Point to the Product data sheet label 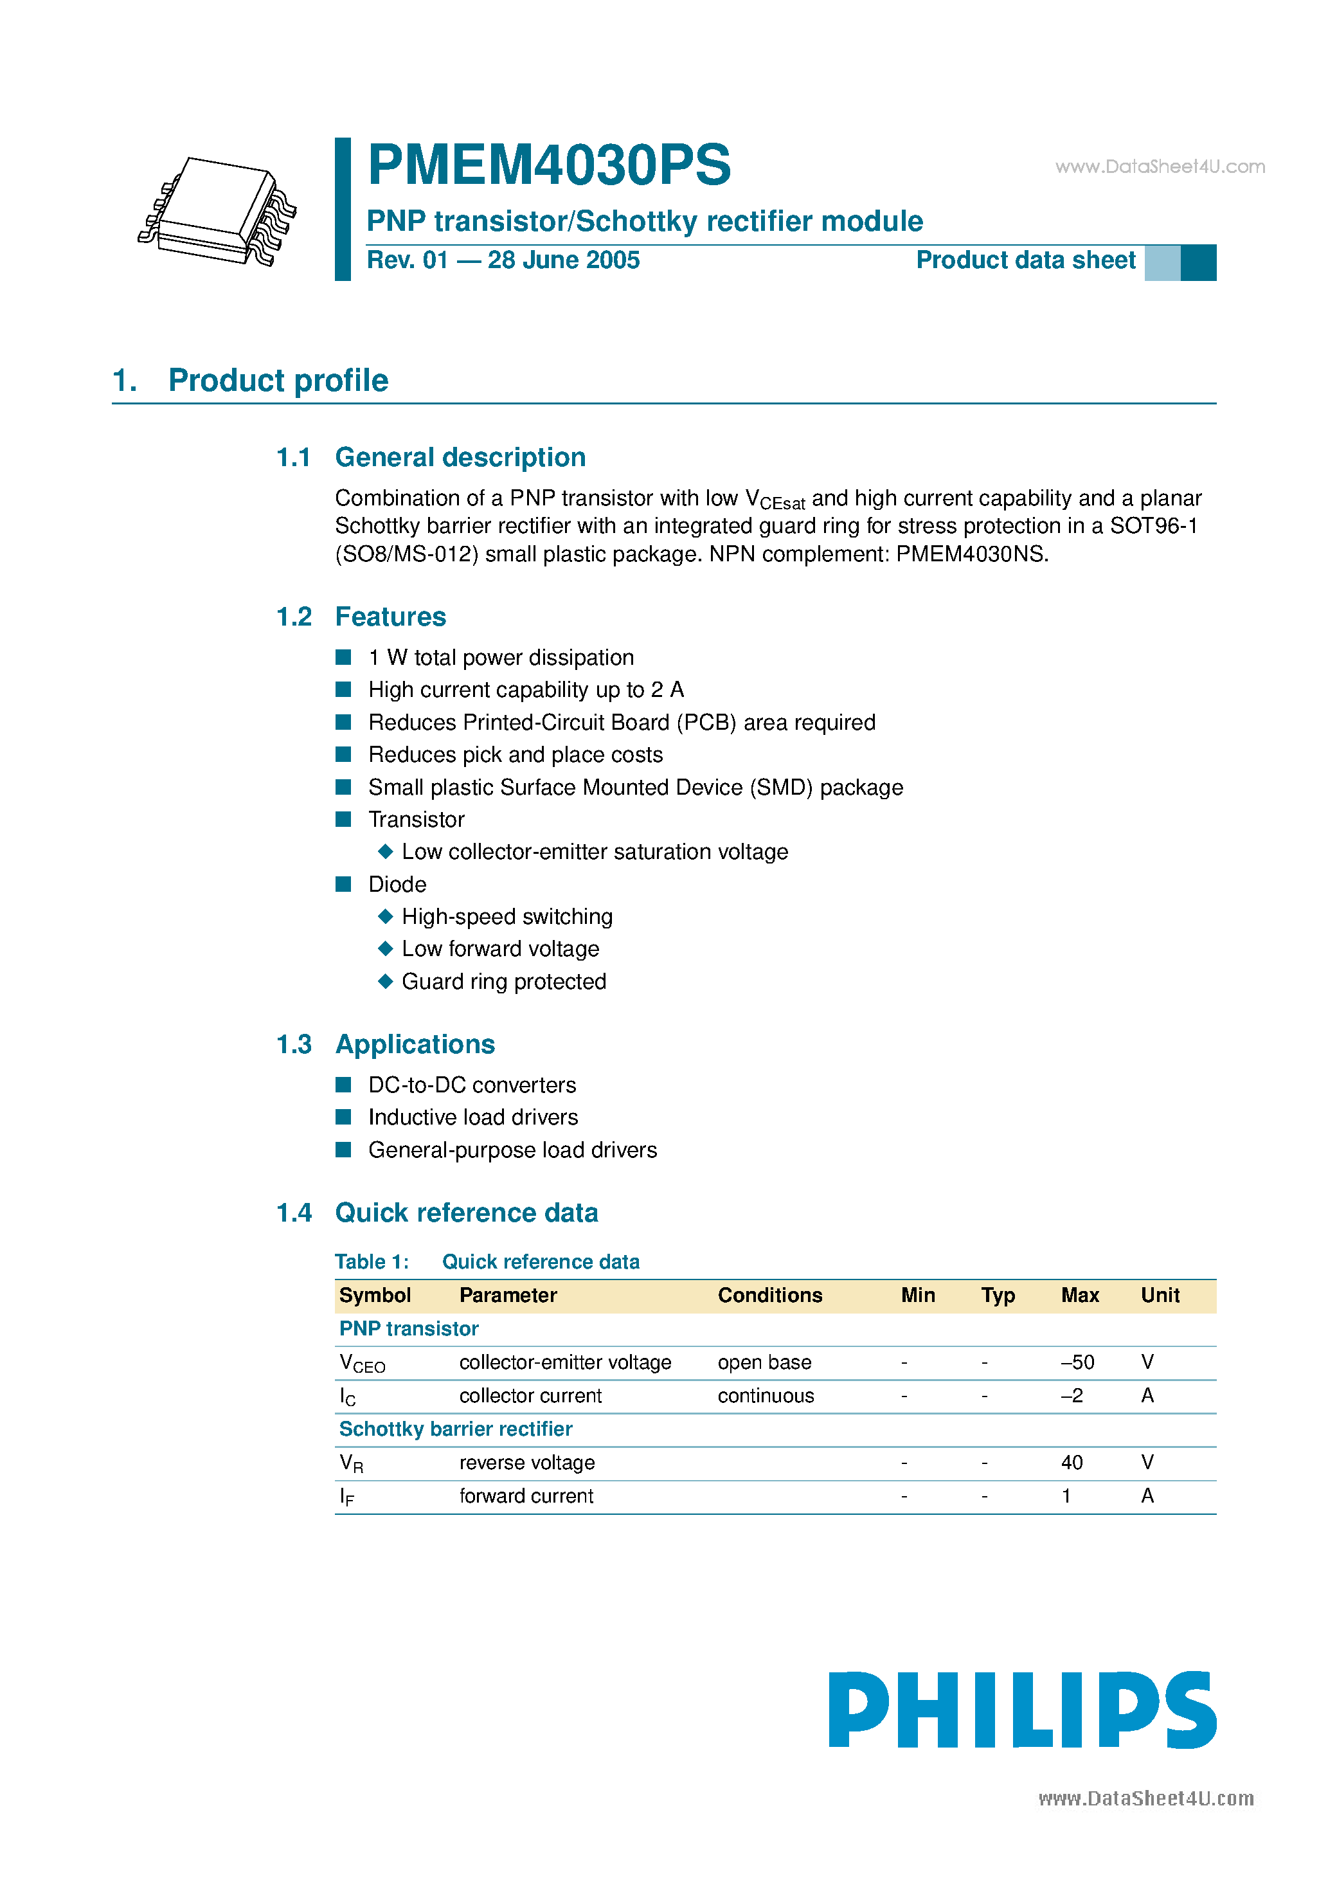1025,260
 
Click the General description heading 460,458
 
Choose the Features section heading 391,617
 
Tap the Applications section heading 415,1045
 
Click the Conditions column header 769,1296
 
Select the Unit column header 1160,1296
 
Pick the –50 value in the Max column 1077,1362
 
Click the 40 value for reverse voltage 1072,1463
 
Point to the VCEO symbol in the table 362,1363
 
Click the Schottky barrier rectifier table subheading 455,1430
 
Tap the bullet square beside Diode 344,884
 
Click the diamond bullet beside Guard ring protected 386,981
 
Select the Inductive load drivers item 473,1117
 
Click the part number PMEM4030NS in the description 971,554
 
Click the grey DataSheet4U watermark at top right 1160,167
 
